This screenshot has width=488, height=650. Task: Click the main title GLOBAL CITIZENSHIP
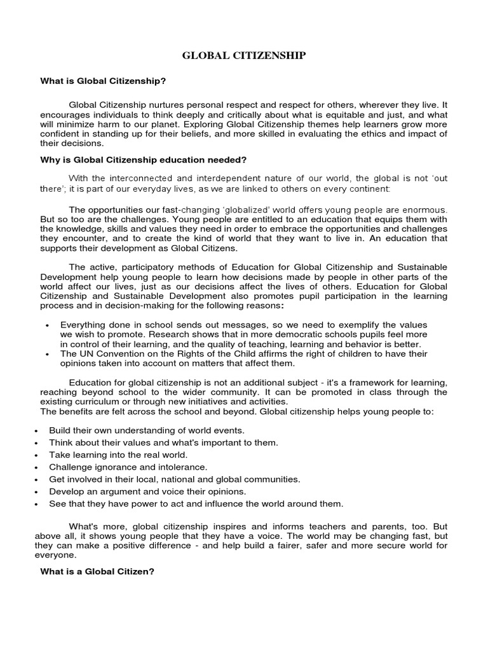[244, 56]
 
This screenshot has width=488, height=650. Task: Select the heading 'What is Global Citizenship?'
[103, 81]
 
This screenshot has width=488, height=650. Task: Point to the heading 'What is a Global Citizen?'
[97, 571]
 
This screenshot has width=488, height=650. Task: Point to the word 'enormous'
[426, 209]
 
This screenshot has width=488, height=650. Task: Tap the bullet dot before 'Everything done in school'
[48, 325]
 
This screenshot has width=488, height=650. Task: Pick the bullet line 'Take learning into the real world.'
[118, 454]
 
